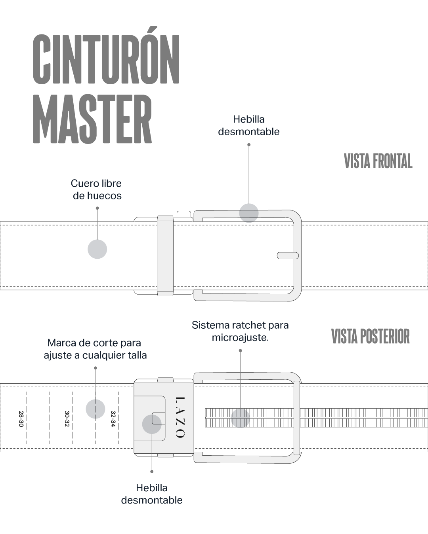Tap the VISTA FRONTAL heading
378,161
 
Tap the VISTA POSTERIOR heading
370,337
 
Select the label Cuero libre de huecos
96,189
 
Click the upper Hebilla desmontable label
248,125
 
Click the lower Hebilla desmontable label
151,494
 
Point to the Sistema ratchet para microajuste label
240,331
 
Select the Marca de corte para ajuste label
95,349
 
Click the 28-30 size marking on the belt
21,418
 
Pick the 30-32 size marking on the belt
67,418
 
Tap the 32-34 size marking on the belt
113,418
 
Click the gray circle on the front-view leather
97,249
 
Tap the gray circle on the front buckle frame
249,213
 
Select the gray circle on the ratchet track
241,418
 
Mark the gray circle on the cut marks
96,409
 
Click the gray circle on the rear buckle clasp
152,424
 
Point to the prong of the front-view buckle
288,256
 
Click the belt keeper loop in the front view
165,256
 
